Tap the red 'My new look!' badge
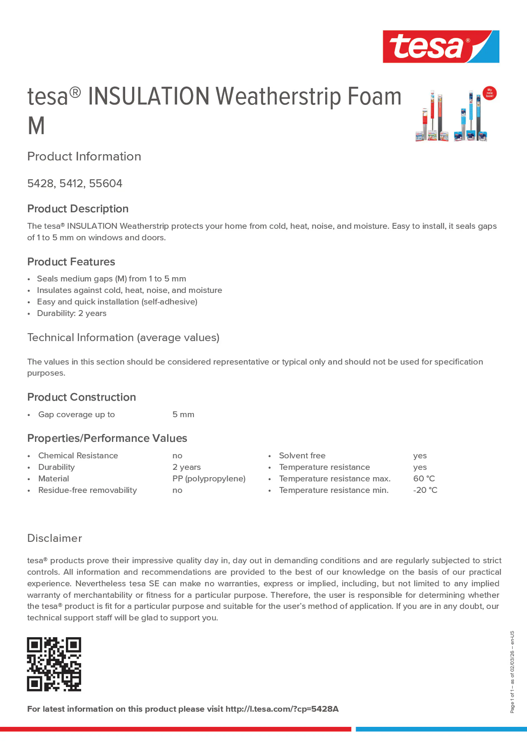(x=489, y=93)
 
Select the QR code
(x=54, y=664)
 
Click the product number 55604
(x=106, y=184)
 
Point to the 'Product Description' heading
(x=78, y=209)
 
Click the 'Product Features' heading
(x=71, y=262)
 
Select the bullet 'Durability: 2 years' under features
(x=71, y=314)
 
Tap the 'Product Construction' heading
(x=82, y=397)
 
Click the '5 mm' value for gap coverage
(x=183, y=415)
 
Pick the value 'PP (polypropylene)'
(x=209, y=479)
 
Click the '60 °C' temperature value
(x=424, y=479)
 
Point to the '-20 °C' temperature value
(x=425, y=490)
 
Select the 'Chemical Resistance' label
(x=78, y=455)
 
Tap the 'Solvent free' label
(x=302, y=455)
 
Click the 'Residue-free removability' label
(x=87, y=490)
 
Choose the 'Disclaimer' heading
(x=54, y=538)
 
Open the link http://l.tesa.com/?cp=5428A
(x=282, y=709)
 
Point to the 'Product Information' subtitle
(x=84, y=156)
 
